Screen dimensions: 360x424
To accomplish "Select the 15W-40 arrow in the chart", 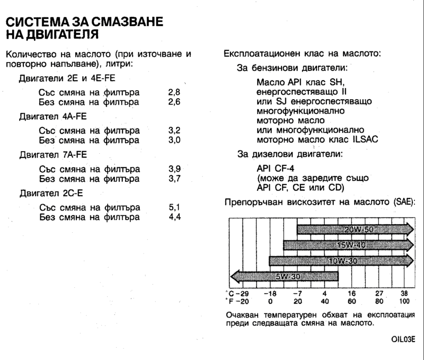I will coord(348,244).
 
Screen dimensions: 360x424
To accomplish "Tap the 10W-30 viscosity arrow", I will coord(341,260).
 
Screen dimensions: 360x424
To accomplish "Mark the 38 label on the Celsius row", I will coord(404,293).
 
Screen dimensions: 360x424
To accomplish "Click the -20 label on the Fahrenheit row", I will coord(242,301).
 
